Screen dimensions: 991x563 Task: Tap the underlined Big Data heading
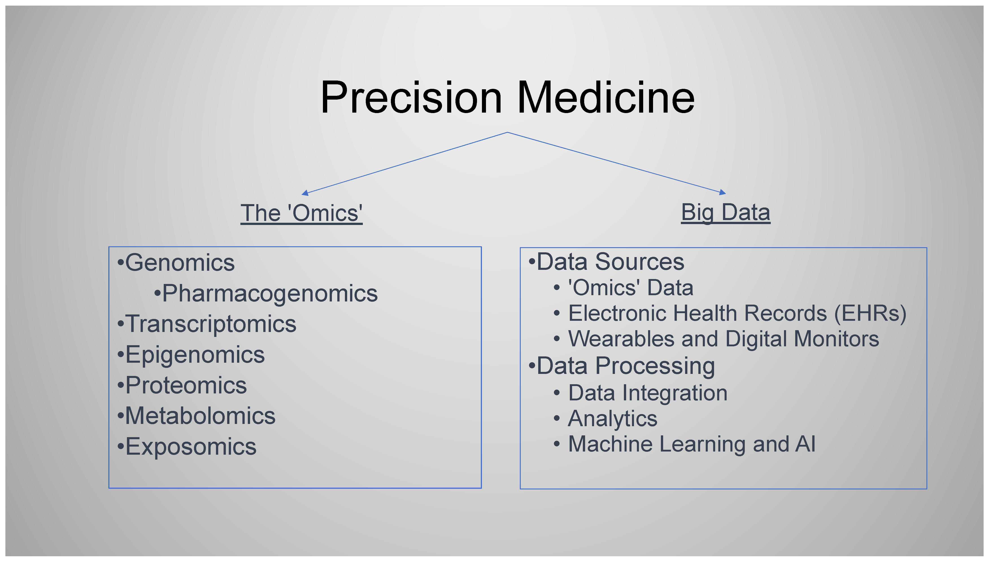tap(725, 213)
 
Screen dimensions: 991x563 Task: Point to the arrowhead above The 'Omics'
tap(305, 193)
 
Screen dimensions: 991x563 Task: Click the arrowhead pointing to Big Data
tap(722, 192)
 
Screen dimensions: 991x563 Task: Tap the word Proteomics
tap(186, 386)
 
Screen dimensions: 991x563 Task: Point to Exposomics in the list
tap(191, 447)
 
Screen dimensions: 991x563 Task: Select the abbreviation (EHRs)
tap(870, 314)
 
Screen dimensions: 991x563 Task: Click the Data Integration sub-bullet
tap(648, 393)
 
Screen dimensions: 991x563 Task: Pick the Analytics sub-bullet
tap(613, 419)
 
